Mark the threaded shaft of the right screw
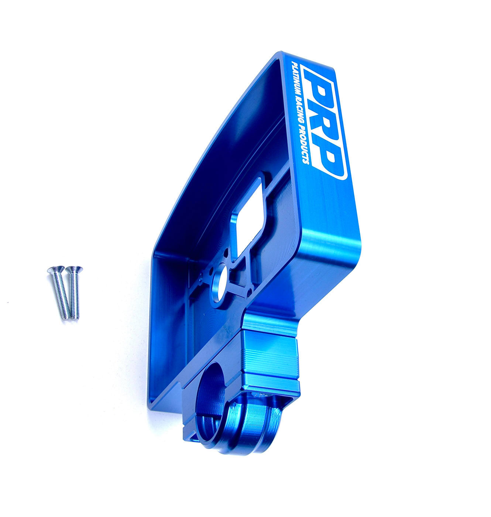point(73,295)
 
